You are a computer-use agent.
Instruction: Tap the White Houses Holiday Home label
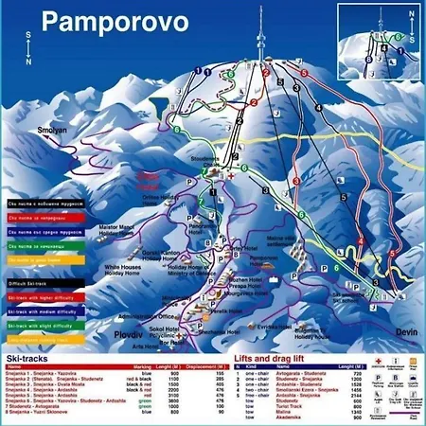tap(101, 271)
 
